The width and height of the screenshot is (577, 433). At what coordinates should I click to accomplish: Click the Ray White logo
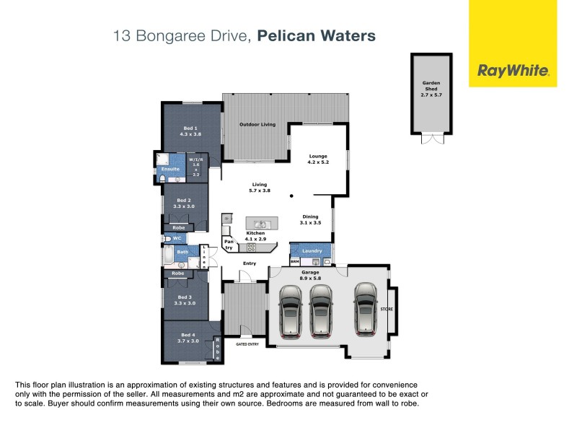[x=513, y=71]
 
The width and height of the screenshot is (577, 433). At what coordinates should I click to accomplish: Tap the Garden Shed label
[x=431, y=88]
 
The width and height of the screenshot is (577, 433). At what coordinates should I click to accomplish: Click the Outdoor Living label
[x=257, y=125]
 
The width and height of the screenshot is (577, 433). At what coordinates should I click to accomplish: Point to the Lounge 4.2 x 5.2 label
[x=318, y=159]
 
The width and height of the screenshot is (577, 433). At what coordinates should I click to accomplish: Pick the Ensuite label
[x=170, y=169]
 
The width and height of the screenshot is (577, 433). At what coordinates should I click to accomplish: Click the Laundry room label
[x=312, y=250]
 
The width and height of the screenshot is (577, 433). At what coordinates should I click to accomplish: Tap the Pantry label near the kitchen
[x=228, y=245]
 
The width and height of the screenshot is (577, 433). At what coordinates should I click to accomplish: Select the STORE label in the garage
[x=387, y=309]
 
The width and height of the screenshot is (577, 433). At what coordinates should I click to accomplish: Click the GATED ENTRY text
[x=247, y=344]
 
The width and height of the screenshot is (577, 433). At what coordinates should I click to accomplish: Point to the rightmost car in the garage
[x=365, y=309]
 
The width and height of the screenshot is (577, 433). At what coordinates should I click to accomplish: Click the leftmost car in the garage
[x=290, y=312]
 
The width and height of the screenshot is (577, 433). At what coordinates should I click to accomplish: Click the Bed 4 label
[x=188, y=338]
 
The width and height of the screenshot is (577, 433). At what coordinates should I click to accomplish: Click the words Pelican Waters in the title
[x=317, y=35]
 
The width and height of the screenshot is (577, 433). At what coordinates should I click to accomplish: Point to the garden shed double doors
[x=431, y=139]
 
